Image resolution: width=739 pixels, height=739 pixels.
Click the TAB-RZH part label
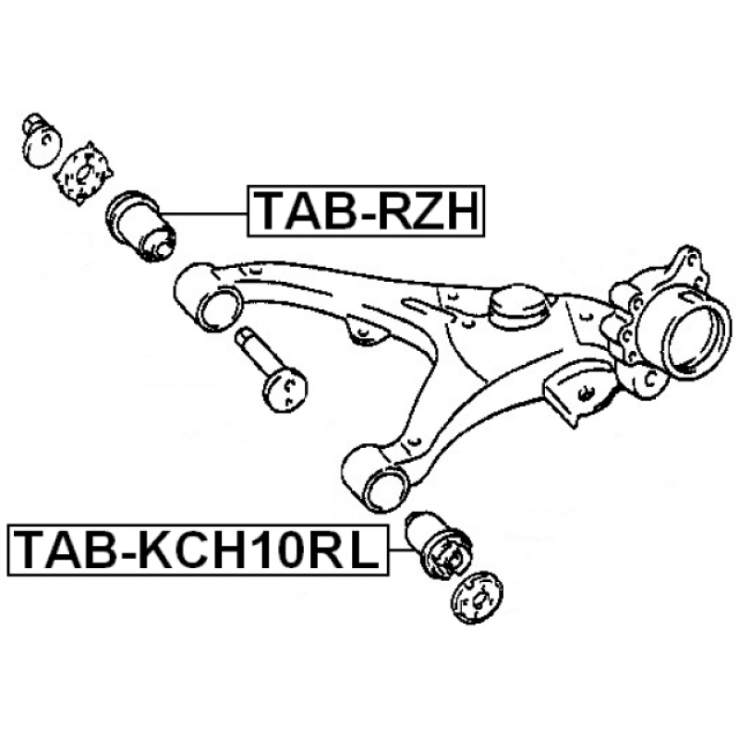click(x=366, y=211)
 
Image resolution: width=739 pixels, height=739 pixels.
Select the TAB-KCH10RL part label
click(x=198, y=551)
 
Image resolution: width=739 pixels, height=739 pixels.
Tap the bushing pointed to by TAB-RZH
click(x=140, y=224)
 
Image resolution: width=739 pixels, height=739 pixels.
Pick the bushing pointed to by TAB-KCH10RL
click(x=440, y=545)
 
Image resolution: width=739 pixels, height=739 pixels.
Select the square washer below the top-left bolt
click(x=83, y=173)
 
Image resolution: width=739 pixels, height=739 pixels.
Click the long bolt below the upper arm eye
click(x=271, y=370)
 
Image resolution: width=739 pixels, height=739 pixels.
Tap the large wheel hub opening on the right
click(x=697, y=337)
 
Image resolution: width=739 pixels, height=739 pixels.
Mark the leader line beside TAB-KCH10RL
click(x=399, y=550)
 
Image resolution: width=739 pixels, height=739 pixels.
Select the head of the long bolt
click(x=285, y=391)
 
